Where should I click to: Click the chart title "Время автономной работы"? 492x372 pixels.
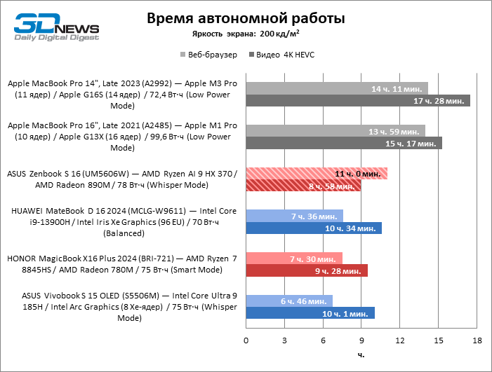[x=245, y=18]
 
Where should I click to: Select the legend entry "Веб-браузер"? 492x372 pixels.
[x=209, y=54]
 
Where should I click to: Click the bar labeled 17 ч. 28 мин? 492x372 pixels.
[x=357, y=102]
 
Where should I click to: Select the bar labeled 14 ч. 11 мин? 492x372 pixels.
[x=336, y=89]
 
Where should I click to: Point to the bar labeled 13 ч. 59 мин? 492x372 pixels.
[x=335, y=131]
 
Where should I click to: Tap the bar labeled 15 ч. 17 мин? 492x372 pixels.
[x=343, y=144]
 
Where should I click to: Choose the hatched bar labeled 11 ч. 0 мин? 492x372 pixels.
[x=316, y=173]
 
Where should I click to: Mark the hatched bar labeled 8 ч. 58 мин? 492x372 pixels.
[x=302, y=186]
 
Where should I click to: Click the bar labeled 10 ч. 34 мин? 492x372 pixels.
[x=313, y=228]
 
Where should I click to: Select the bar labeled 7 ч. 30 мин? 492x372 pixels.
[x=293, y=258]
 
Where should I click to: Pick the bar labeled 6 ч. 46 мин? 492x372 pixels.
[x=288, y=300]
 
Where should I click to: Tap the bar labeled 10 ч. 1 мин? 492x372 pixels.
[x=310, y=312]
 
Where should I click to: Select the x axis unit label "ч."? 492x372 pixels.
[x=361, y=354]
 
